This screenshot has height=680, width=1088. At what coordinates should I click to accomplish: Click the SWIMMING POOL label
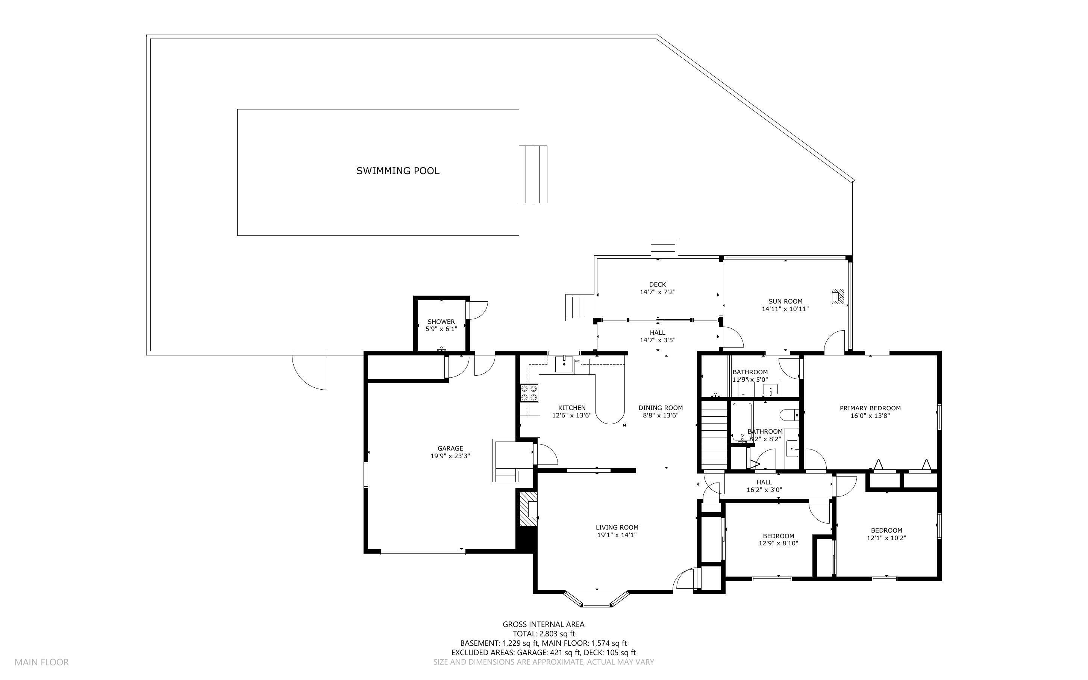[397, 171]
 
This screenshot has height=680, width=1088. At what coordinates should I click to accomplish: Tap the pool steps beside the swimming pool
[533, 174]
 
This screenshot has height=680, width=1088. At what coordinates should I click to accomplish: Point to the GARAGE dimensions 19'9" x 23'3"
[450, 455]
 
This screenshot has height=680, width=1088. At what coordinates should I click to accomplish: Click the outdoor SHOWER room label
[441, 322]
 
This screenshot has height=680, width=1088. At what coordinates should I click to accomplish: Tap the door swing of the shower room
[477, 310]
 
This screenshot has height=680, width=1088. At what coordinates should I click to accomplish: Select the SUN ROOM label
[785, 301]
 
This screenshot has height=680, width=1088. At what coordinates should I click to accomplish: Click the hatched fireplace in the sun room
[837, 296]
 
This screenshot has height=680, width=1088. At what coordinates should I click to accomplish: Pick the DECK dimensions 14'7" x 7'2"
[658, 292]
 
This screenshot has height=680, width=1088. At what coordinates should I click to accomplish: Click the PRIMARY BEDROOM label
[870, 408]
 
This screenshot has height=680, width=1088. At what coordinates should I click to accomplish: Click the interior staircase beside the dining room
[714, 435]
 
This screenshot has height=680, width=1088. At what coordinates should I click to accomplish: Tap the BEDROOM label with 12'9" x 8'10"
[778, 540]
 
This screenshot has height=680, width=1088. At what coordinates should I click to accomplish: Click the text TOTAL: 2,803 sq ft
[543, 634]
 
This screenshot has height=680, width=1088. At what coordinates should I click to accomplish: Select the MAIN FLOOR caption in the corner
[41, 662]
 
